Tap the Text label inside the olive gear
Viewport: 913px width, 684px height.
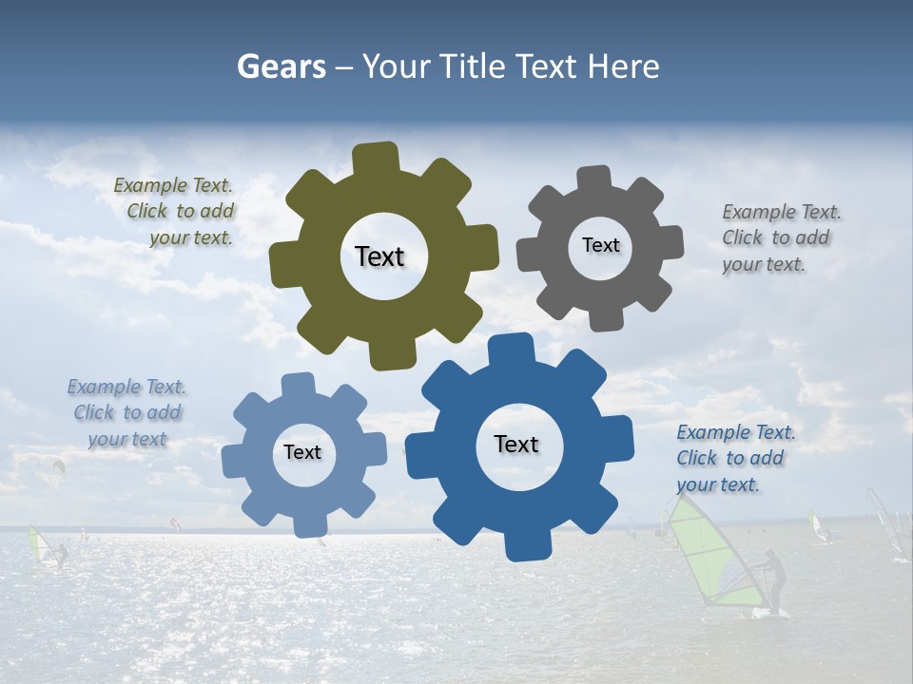coord(379,256)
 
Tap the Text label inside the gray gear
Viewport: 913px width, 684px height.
coord(600,245)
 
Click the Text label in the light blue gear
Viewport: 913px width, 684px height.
coord(302,452)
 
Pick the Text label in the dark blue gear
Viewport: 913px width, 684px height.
coord(516,444)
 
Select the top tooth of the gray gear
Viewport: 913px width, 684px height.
coord(594,180)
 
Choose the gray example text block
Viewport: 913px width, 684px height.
coord(780,237)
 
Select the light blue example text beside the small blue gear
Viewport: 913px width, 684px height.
coord(126,412)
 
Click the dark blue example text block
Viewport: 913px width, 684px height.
coord(735,458)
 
